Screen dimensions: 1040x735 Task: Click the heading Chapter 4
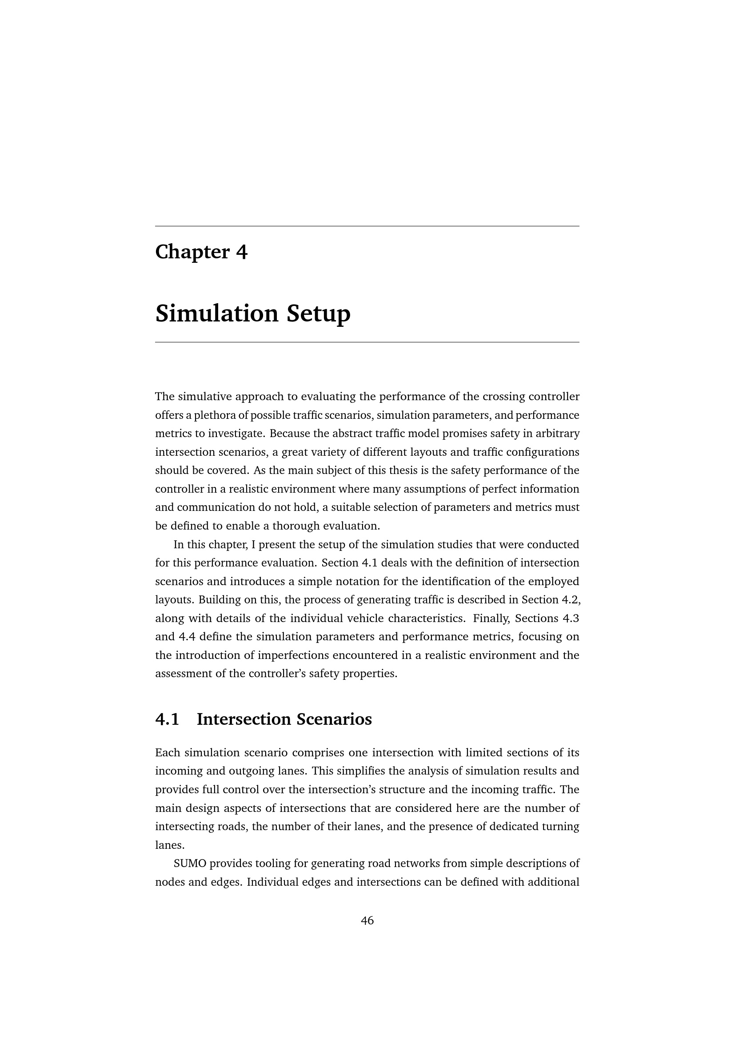pyautogui.click(x=201, y=252)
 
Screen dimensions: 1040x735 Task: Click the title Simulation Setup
pyautogui.click(x=252, y=313)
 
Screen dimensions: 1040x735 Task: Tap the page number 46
pyautogui.click(x=367, y=920)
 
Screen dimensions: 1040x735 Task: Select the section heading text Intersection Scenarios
pyautogui.click(x=284, y=719)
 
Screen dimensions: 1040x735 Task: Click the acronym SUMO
pyautogui.click(x=190, y=863)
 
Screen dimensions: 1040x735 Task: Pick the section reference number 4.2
pyautogui.click(x=571, y=600)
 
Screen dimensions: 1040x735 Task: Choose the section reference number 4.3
pyautogui.click(x=570, y=618)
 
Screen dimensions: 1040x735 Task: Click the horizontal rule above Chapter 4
pyautogui.click(x=367, y=226)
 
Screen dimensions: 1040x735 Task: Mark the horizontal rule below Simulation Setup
pyautogui.click(x=367, y=342)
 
